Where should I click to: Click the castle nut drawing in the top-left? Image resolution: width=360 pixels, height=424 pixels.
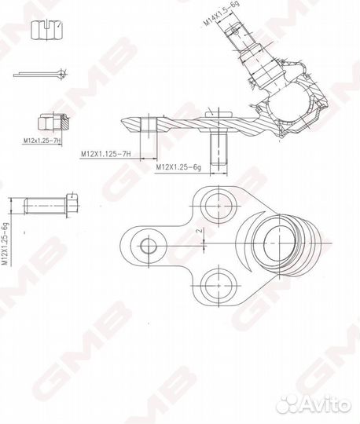45,31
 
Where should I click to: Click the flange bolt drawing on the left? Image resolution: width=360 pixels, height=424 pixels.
47,206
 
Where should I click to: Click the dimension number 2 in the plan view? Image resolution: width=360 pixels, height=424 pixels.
199,232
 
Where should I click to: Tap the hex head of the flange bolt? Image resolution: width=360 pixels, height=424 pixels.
71,206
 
